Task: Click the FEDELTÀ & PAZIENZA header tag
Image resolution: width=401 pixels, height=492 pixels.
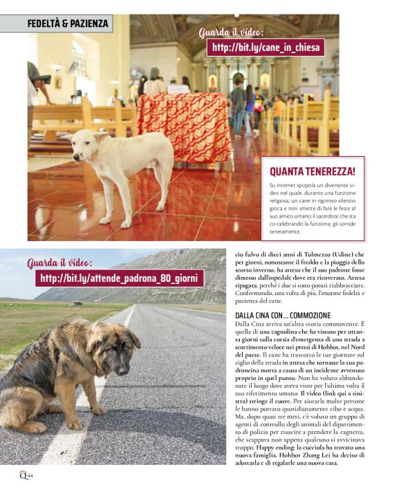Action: (68, 23)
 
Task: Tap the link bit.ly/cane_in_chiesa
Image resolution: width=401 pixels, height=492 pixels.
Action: (265, 48)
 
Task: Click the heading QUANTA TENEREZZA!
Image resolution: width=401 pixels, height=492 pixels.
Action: (313, 171)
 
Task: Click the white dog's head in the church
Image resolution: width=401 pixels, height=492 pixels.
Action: (91, 140)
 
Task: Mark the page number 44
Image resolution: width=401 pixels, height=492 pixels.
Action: (30, 476)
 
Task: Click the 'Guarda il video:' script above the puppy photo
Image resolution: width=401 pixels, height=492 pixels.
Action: (59, 263)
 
